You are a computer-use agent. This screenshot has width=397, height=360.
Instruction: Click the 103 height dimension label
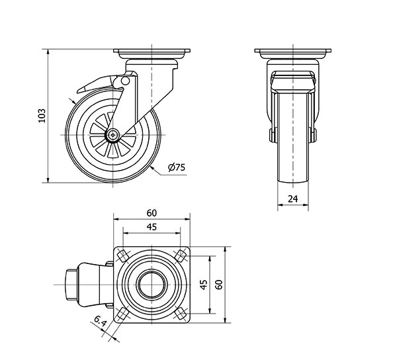pos(41,115)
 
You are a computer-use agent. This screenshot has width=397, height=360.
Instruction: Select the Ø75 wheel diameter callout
pos(176,168)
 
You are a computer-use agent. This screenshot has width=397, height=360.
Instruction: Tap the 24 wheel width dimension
pos(292,198)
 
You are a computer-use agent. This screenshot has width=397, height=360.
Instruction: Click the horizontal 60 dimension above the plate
pos(152,212)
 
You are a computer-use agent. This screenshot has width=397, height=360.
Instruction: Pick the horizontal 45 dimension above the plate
pos(152,227)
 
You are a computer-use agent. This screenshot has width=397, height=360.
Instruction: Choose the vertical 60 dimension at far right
pos(219,284)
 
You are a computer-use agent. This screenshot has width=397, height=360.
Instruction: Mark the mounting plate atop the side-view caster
pos(152,52)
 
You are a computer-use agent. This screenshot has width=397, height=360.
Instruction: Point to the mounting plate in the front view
pos(292,52)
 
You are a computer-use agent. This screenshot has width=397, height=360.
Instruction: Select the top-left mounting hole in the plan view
pos(122,256)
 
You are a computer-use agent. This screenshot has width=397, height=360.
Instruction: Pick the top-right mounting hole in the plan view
pos(180,255)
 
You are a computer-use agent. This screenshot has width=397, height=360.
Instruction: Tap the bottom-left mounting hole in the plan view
pos(122,313)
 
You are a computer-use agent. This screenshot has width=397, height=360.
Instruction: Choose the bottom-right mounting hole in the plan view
pos(180,313)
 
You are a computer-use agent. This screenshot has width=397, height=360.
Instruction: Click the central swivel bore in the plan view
pos(151,285)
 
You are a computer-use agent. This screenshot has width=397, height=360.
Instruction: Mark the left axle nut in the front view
pos(271,136)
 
